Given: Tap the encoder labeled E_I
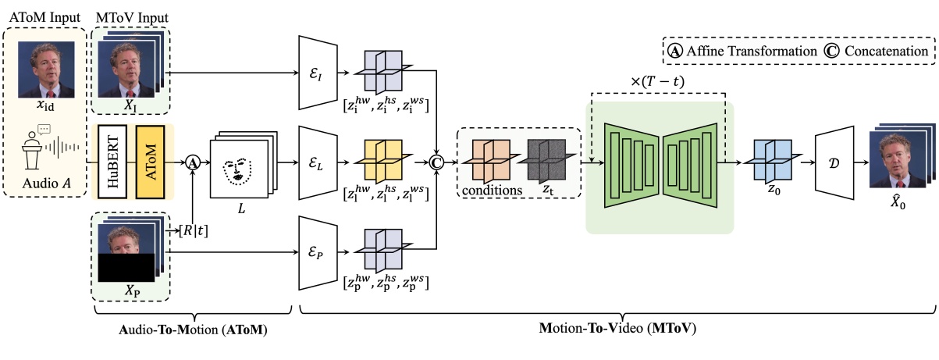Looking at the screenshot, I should pos(317,73).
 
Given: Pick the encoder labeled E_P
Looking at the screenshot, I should pos(317,251).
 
